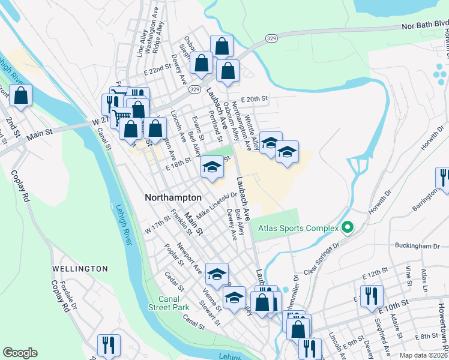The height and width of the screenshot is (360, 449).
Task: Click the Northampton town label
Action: (x=173, y=197)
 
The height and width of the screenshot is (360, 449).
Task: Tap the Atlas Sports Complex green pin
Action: (x=346, y=228)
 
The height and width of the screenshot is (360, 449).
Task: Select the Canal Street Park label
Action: (x=169, y=303)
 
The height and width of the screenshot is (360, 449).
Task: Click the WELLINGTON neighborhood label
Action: (x=80, y=269)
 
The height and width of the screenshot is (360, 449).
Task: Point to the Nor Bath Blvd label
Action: (x=424, y=25)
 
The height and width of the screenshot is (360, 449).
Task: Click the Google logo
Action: (x=20, y=352)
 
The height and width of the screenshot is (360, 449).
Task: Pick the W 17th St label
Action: (x=158, y=229)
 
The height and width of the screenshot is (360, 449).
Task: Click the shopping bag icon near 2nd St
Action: (x=20, y=96)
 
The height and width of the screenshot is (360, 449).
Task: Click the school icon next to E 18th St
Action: (x=212, y=167)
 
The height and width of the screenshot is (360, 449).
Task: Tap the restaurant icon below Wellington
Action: (x=109, y=344)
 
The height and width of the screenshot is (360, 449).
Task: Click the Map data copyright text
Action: (x=424, y=355)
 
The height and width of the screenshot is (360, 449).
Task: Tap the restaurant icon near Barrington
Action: (x=444, y=178)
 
